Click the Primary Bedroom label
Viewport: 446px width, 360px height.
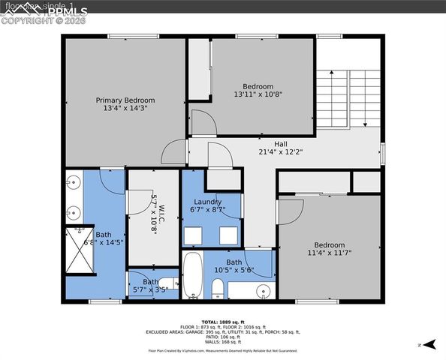pos(125,100)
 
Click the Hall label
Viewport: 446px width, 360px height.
pos(259,142)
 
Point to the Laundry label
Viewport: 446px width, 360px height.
pos(208,202)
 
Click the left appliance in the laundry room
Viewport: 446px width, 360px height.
pos(192,233)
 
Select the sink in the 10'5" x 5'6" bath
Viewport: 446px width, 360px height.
pos(262,290)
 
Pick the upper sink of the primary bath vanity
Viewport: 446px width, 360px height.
pos(74,182)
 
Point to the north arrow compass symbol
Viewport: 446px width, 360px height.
pos(430,344)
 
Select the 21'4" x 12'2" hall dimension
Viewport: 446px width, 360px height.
pos(259,151)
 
